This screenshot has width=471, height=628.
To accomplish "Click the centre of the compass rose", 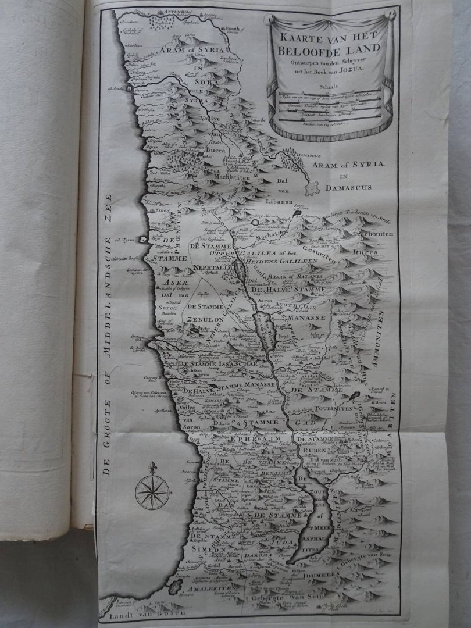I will (152, 492).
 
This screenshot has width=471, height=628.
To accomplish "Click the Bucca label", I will (215, 149).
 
